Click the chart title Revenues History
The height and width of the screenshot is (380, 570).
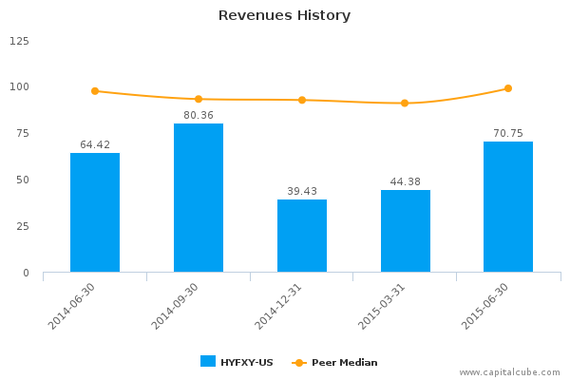point(284,15)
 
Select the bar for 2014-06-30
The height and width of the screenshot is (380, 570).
point(95,213)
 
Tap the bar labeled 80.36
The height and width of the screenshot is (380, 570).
point(199,198)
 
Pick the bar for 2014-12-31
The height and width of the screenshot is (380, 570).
point(302,236)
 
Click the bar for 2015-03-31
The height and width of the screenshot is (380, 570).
point(406,231)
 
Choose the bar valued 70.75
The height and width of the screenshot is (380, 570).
point(508,207)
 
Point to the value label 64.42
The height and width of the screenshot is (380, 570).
point(95,144)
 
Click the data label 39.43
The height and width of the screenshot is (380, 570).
point(302,191)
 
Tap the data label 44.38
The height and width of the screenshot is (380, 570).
point(406,181)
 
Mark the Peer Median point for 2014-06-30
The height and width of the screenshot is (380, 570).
point(95,91)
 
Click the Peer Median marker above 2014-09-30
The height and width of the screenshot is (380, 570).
point(199,99)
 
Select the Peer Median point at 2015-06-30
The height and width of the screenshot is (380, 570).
point(508,88)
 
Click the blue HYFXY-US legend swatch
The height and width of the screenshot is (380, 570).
point(208,361)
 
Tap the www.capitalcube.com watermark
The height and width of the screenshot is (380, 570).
point(511,372)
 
